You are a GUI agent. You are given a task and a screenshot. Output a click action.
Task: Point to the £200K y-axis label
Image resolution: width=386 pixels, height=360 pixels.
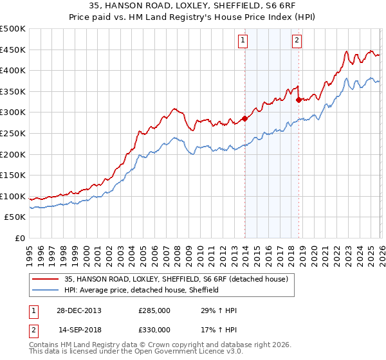point(13,154)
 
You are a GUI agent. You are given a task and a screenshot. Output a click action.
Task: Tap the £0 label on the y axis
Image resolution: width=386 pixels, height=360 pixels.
point(20,238)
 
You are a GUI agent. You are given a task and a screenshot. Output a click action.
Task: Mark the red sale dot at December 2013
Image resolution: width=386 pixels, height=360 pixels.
point(245,118)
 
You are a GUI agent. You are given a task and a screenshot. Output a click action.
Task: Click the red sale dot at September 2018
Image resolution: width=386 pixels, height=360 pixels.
point(299,100)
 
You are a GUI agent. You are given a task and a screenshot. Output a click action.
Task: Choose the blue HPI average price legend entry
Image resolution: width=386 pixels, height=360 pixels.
point(142,290)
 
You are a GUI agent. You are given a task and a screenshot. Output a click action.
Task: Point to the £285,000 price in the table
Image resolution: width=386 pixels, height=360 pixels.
point(154,310)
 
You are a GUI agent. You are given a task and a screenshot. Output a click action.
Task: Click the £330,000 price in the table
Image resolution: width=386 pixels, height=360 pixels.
point(154,329)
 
